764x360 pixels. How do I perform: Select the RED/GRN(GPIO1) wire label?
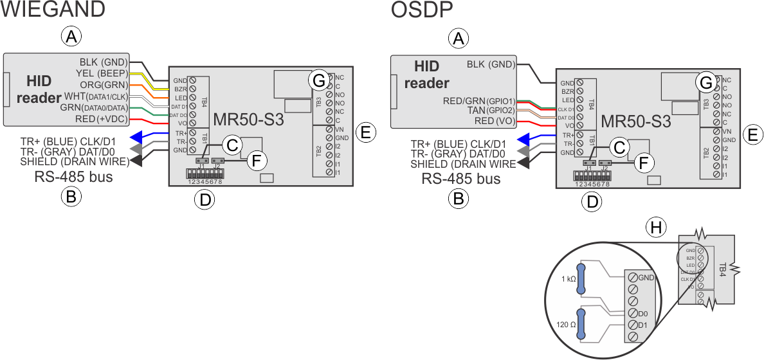[480, 101]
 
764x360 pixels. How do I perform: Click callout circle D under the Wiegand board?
[204, 200]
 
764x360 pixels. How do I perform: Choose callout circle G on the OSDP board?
[705, 82]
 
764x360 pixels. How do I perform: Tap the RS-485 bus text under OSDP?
[460, 179]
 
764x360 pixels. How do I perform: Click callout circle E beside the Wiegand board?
[365, 133]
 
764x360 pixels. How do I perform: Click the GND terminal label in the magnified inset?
[647, 277]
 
